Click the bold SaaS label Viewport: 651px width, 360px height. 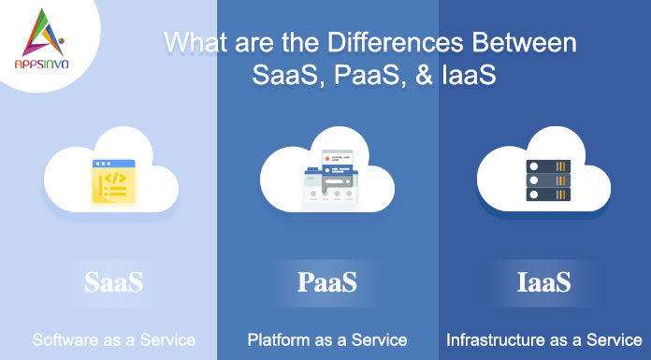(x=113, y=281)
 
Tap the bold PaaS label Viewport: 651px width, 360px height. (x=327, y=281)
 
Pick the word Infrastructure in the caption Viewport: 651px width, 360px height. (x=492, y=338)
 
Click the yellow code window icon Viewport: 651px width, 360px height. (x=113, y=181)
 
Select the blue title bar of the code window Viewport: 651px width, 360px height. (x=113, y=164)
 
